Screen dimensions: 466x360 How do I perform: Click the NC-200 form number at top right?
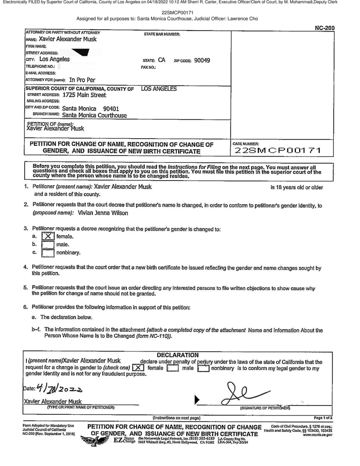pos(324,28)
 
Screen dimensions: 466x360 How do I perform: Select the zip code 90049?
pos(202,60)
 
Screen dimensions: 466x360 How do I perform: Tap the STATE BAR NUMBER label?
pos(162,34)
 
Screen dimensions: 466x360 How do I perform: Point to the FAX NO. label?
pos(148,67)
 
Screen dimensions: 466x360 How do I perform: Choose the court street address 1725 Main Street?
pos(84,95)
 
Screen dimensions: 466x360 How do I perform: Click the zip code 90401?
pos(111,109)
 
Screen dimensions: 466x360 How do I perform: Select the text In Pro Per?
pos(82,80)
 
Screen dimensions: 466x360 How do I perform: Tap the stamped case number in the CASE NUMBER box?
pos(277,150)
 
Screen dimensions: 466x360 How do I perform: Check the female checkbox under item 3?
pos(48,236)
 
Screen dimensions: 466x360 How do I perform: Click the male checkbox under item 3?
pos(48,245)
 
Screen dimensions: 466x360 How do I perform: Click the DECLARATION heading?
pos(178,355)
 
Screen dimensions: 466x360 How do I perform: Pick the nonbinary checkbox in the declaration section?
pos(203,368)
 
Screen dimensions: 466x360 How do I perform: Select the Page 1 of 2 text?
pos(323,418)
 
